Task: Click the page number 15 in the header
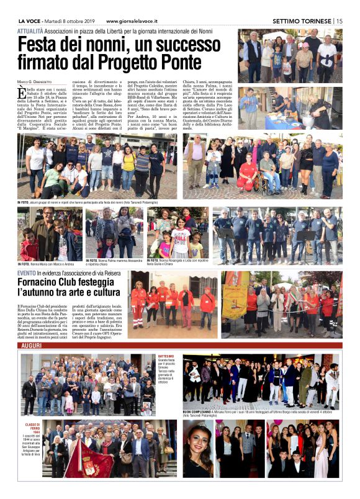[x=340, y=21]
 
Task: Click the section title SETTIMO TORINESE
[x=302, y=21]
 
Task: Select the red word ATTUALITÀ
[x=30, y=30]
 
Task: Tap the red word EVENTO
[x=26, y=273]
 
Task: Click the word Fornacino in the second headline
[x=40, y=283]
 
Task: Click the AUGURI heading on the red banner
[x=32, y=345]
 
